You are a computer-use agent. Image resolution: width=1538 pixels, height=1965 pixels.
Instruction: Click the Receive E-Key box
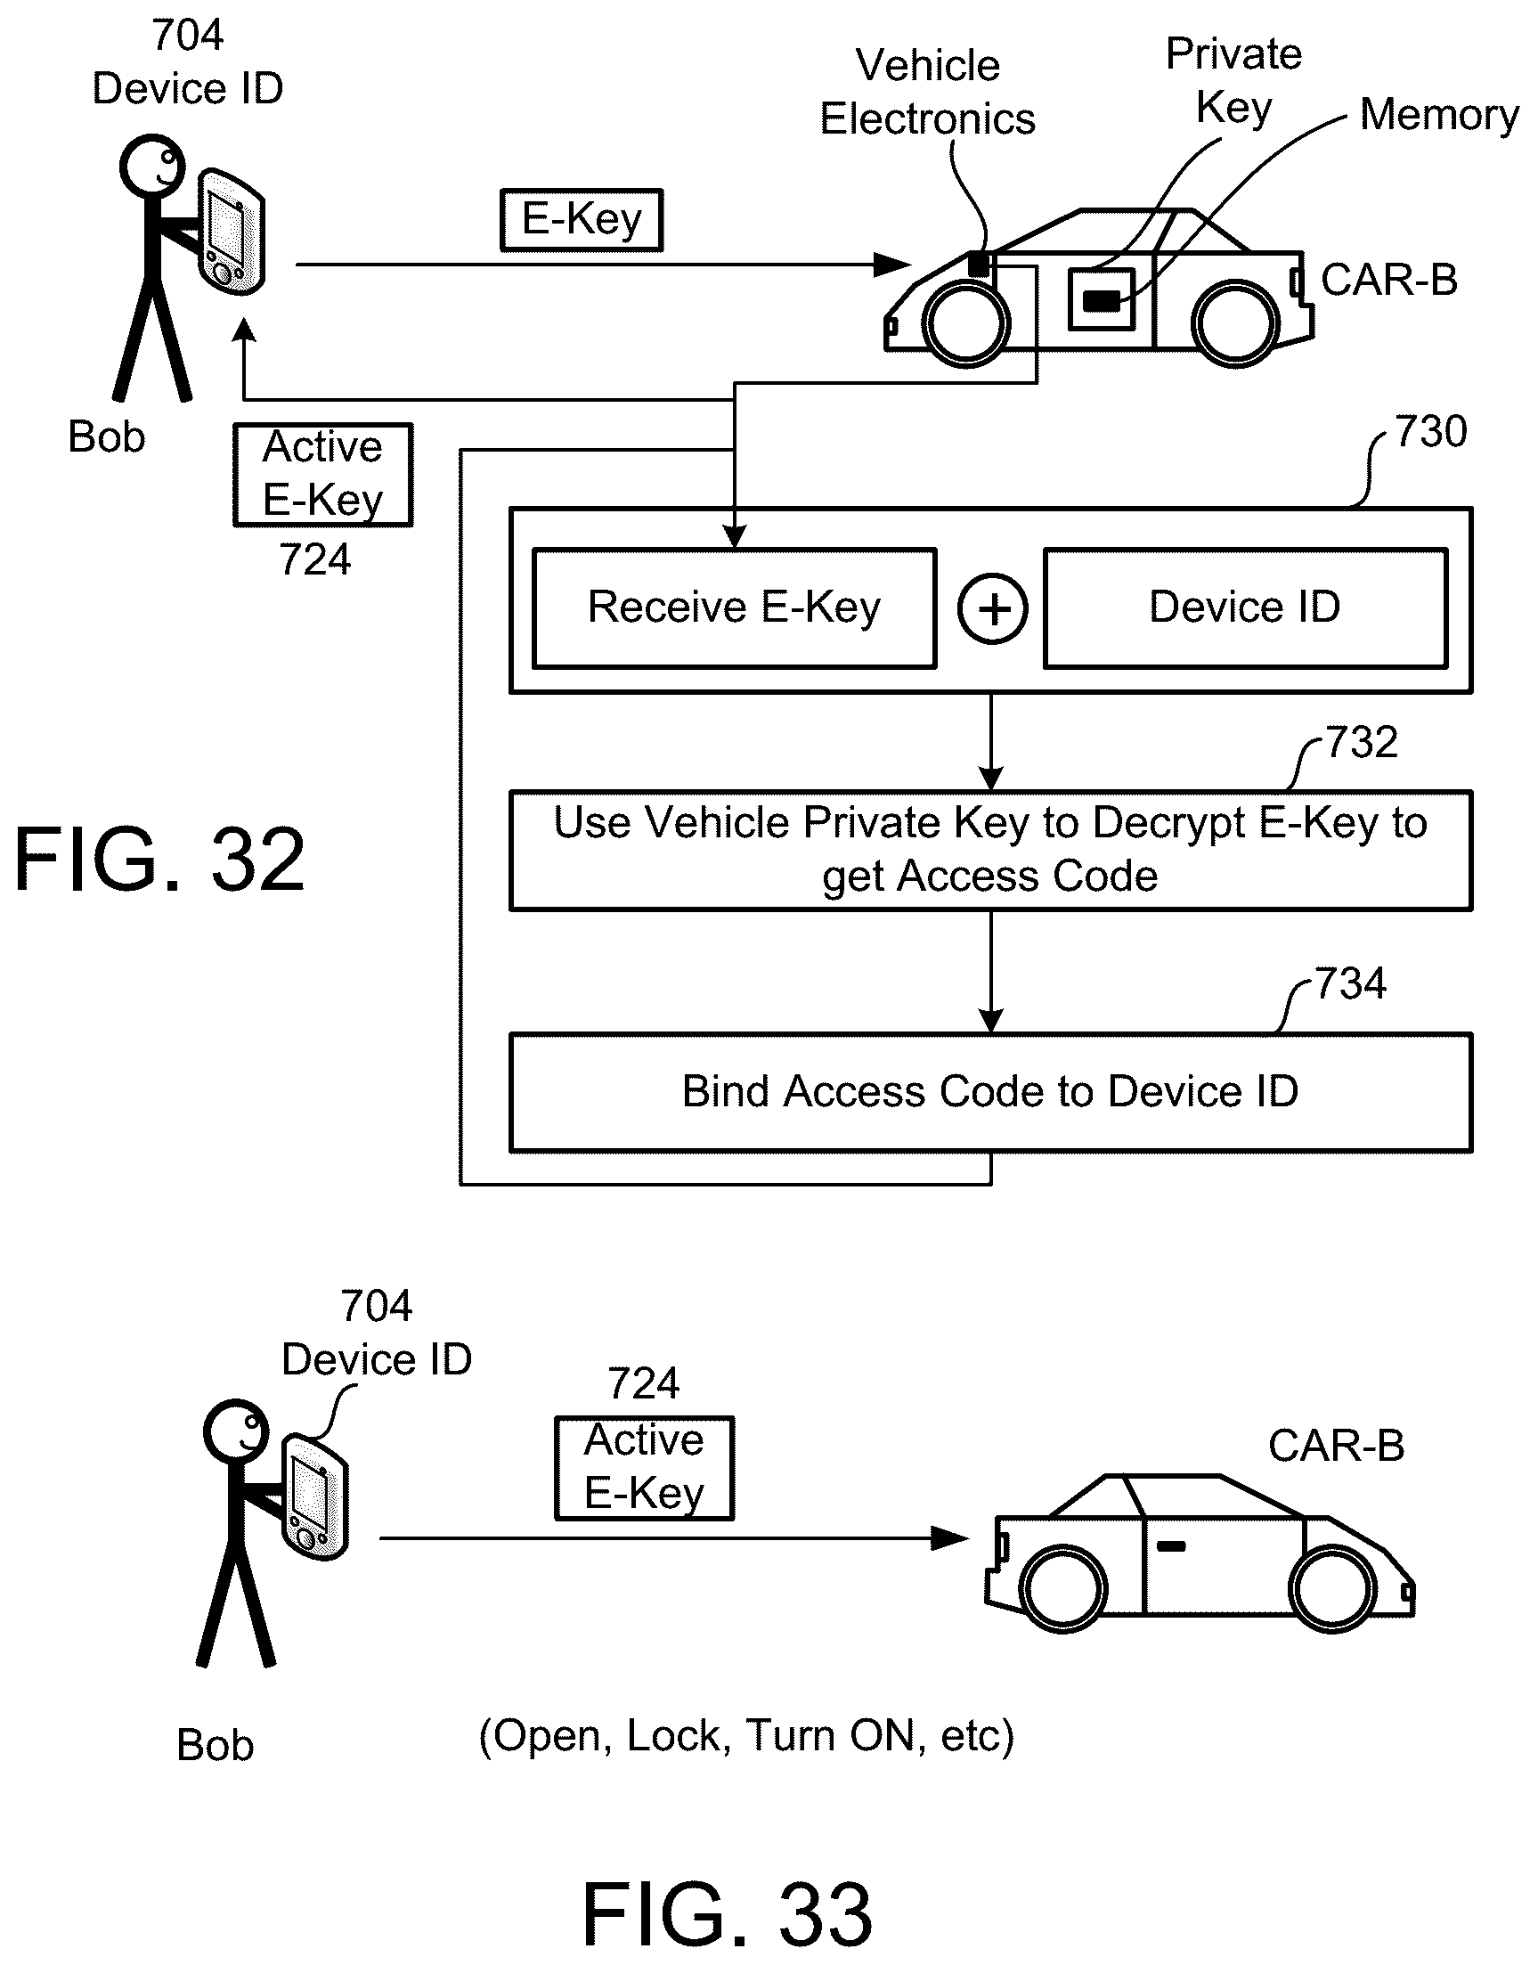click(734, 607)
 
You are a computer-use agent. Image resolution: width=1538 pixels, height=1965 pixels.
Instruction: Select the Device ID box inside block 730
click(1244, 607)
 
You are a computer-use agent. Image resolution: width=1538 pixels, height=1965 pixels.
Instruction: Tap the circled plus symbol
click(992, 608)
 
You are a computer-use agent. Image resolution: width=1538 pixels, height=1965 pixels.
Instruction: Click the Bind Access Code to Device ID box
click(990, 1091)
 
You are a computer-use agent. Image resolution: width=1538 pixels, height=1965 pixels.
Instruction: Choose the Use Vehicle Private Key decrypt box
click(990, 850)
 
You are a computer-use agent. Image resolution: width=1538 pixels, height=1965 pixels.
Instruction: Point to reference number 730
click(1431, 432)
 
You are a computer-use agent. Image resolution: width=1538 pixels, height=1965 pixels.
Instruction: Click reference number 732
click(1362, 743)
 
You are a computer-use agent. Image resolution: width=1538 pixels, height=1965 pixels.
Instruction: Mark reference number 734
click(1351, 984)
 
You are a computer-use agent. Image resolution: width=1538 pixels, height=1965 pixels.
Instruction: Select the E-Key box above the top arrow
click(582, 220)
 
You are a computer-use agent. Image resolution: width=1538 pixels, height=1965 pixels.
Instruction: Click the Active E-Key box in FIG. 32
click(322, 475)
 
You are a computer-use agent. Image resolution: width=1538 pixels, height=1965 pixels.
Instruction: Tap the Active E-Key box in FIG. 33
click(644, 1468)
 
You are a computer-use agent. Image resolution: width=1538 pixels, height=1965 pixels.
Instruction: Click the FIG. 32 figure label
click(160, 861)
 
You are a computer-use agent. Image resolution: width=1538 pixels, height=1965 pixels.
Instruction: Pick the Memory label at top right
click(1439, 115)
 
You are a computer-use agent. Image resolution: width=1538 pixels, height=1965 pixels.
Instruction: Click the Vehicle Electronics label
click(927, 93)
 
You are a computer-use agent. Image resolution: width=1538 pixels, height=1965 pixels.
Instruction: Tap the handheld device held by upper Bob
click(231, 232)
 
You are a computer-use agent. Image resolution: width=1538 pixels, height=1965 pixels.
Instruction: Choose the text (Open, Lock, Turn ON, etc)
click(746, 1736)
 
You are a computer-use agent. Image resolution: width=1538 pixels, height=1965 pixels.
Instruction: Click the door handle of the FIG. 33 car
click(1170, 1546)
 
